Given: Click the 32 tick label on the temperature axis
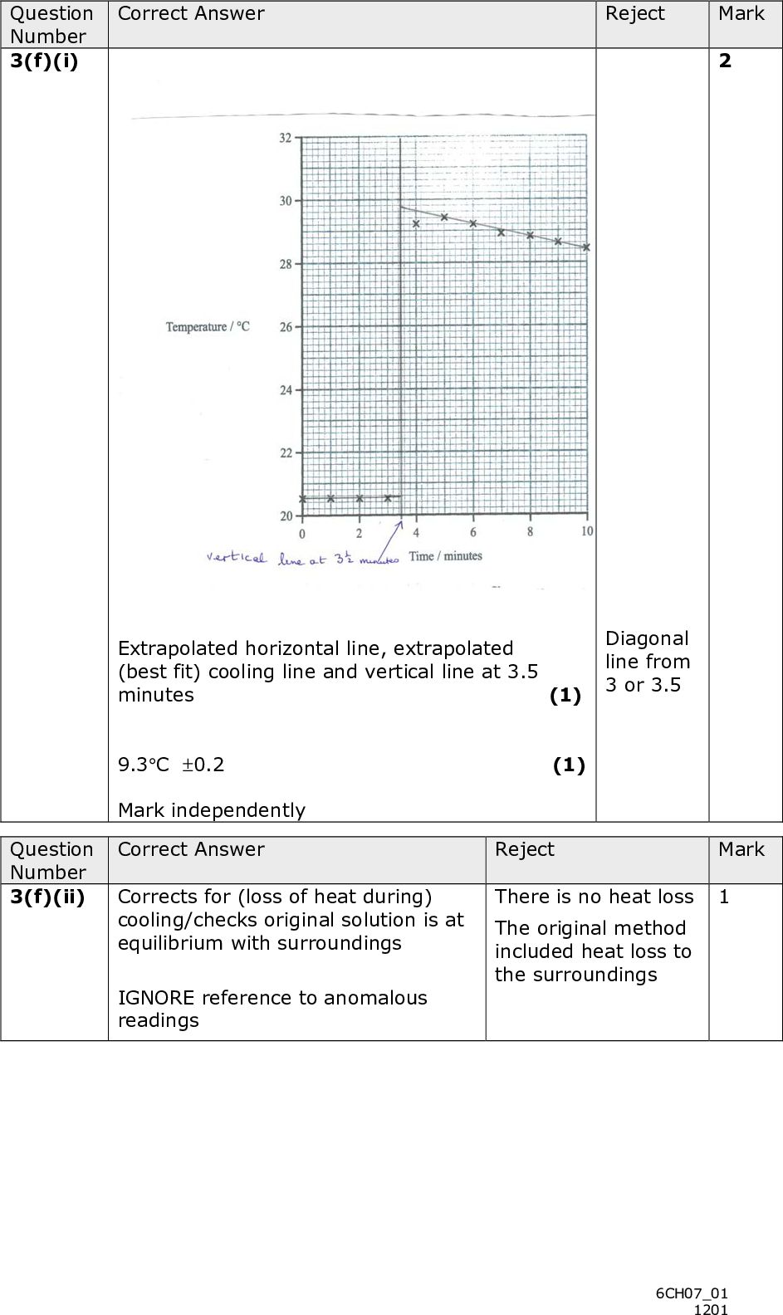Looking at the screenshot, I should pyautogui.click(x=284, y=138).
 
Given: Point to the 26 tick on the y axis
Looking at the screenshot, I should pyautogui.click(x=285, y=327).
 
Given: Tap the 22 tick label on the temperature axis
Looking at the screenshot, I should pyautogui.click(x=285, y=453).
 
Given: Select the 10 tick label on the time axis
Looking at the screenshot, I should pyautogui.click(x=587, y=531).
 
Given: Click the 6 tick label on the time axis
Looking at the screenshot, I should pyautogui.click(x=473, y=532).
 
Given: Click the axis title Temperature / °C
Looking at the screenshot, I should pyautogui.click(x=208, y=327).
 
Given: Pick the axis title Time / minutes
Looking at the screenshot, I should pyautogui.click(x=445, y=555).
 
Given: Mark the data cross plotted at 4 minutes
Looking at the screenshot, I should pyautogui.click(x=416, y=223).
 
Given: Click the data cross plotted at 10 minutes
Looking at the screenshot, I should pyautogui.click(x=586, y=247).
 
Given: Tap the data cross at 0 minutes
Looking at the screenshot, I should pyautogui.click(x=302, y=498).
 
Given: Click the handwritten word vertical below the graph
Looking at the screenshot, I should pyautogui.click(x=237, y=558).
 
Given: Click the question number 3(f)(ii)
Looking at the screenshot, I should pyautogui.click(x=47, y=897).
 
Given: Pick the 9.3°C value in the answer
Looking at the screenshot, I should pyautogui.click(x=144, y=765).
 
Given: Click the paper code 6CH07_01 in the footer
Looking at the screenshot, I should pyautogui.click(x=692, y=1293).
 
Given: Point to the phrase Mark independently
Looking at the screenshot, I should pyautogui.click(x=212, y=809).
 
